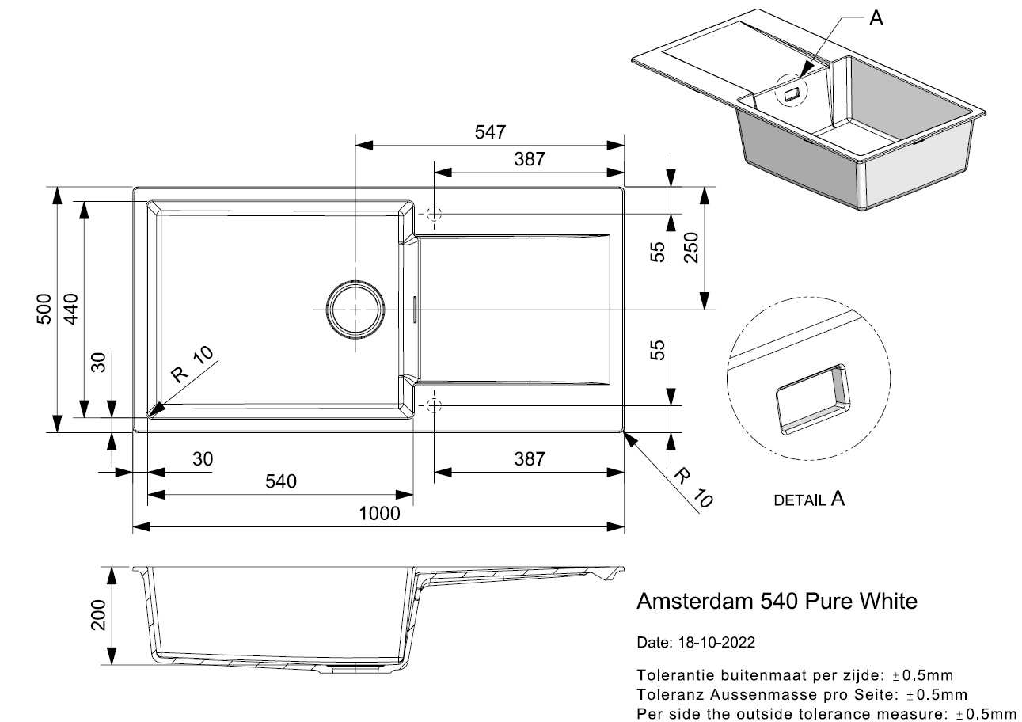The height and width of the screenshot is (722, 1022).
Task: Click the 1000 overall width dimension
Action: click(x=379, y=513)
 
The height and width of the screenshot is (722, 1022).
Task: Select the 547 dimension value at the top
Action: click(x=490, y=132)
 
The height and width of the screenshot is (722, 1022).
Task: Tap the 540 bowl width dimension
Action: click(x=280, y=481)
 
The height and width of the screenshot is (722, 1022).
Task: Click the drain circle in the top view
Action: click(x=356, y=310)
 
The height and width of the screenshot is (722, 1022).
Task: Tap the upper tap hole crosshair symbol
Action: click(x=433, y=214)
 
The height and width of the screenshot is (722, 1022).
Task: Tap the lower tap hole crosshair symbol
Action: click(x=433, y=405)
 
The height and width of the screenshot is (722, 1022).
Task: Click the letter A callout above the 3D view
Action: click(x=876, y=19)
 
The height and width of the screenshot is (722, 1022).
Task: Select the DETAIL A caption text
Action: click(x=809, y=500)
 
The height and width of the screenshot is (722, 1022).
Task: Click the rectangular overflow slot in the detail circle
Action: click(x=812, y=399)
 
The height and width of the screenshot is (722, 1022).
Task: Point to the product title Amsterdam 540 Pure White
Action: click(x=777, y=602)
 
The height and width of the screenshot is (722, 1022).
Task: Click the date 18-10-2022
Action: click(x=716, y=642)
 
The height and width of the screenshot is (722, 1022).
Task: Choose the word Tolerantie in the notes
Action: click(x=671, y=675)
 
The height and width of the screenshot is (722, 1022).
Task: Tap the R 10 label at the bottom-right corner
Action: click(x=694, y=487)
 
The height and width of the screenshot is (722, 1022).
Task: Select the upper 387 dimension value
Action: click(x=529, y=158)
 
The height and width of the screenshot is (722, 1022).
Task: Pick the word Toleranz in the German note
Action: click(x=667, y=695)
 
